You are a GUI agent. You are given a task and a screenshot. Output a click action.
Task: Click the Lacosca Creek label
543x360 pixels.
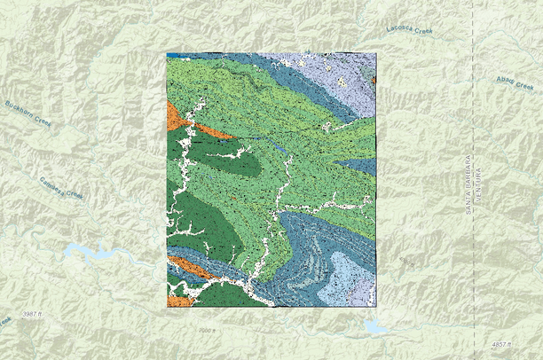409,31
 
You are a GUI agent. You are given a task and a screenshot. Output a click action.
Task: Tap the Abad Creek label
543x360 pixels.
514,82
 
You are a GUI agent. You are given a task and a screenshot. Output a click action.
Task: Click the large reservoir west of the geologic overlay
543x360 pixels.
93,254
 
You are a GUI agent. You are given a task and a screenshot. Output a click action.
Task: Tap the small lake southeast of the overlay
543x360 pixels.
376,327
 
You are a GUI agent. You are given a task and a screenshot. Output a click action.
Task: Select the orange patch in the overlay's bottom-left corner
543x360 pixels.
178,301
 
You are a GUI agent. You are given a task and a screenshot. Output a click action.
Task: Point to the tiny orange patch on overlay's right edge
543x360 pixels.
374,80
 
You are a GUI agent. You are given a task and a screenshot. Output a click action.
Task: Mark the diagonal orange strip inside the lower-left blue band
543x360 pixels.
188,267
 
